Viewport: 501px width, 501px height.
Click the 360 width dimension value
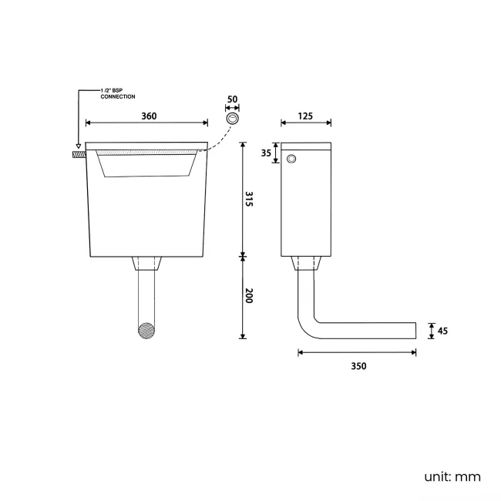point(149,116)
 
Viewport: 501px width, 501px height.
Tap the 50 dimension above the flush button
point(232,101)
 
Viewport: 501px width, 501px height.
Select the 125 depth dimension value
point(306,116)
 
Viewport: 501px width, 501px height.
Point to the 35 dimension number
point(266,153)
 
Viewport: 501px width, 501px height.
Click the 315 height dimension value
point(249,200)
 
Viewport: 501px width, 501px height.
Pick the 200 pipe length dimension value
point(249,295)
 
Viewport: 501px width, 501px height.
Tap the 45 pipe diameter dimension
point(442,331)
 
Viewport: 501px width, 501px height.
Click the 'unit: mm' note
point(452,477)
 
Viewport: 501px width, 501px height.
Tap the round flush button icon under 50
point(232,119)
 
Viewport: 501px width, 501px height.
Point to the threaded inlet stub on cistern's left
point(78,154)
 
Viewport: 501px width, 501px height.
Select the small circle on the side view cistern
point(291,159)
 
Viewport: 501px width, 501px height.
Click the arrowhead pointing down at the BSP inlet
point(78,146)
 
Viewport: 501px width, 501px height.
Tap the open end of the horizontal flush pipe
point(415,331)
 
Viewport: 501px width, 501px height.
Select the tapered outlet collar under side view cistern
point(306,264)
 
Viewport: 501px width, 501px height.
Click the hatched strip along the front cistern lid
point(146,154)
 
